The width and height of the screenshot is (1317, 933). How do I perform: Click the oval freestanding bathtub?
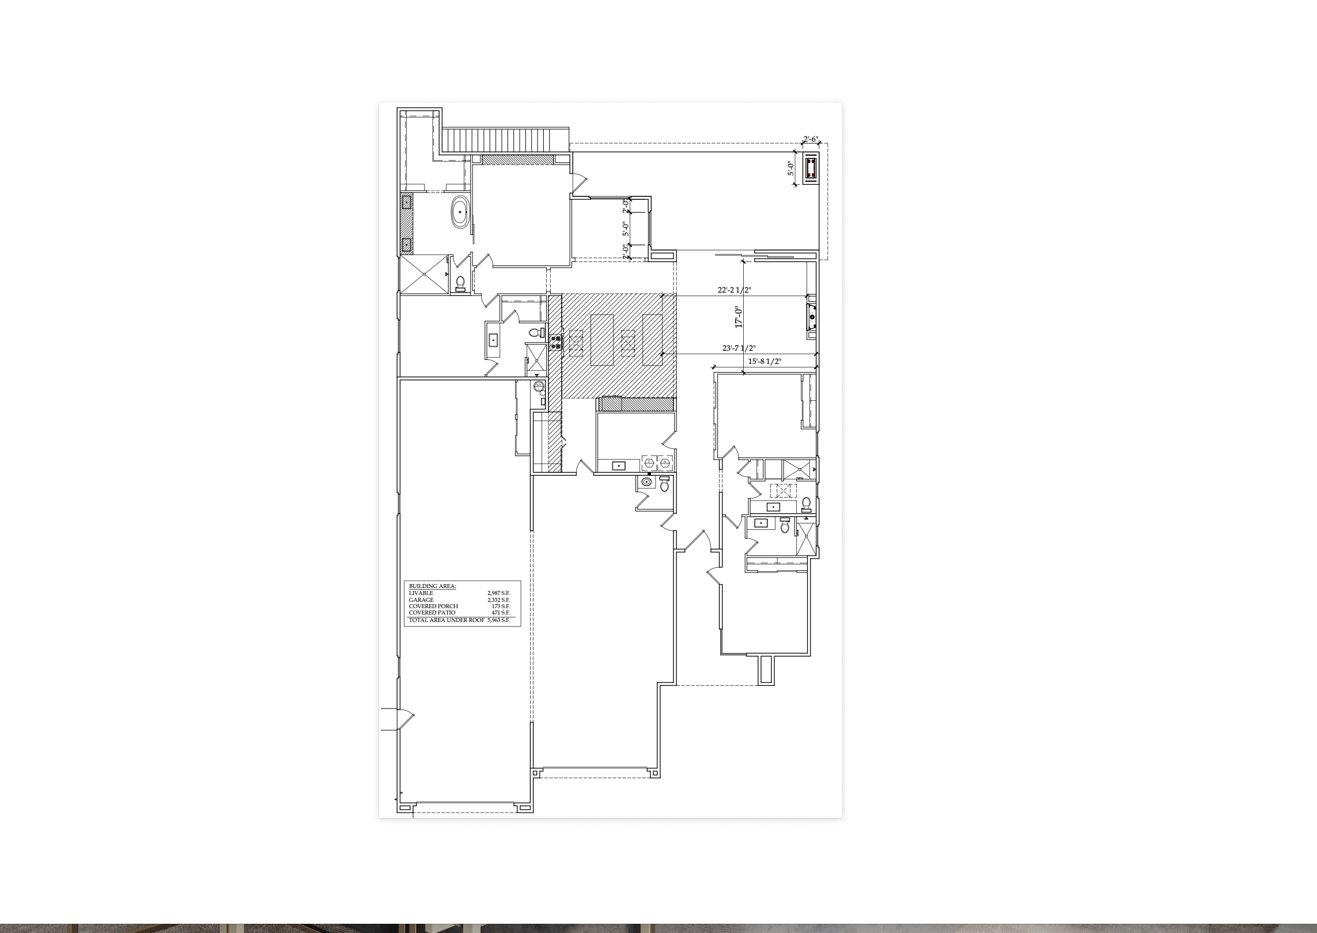460,212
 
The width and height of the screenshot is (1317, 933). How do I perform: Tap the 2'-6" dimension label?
811,139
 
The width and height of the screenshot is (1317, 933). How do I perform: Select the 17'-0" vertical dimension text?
738,317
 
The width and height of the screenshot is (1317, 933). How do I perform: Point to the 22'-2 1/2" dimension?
734,290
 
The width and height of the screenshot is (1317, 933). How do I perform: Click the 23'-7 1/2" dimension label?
739,348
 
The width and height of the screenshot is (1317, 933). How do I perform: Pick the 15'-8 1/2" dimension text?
765,361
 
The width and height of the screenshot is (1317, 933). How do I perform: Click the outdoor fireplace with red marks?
811,168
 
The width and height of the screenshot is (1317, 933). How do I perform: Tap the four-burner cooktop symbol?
557,343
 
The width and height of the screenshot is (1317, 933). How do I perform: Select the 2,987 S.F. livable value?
499,593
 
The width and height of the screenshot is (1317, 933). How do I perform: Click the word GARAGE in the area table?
421,600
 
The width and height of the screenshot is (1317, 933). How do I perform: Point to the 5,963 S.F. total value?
499,620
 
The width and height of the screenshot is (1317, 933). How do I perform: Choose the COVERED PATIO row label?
432,613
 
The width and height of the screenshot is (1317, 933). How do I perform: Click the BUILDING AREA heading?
433,586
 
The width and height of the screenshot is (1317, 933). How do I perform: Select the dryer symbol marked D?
665,462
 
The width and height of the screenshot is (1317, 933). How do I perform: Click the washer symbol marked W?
649,462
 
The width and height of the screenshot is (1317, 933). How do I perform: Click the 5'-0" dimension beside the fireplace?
791,168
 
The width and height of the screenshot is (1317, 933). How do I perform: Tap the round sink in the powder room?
646,481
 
